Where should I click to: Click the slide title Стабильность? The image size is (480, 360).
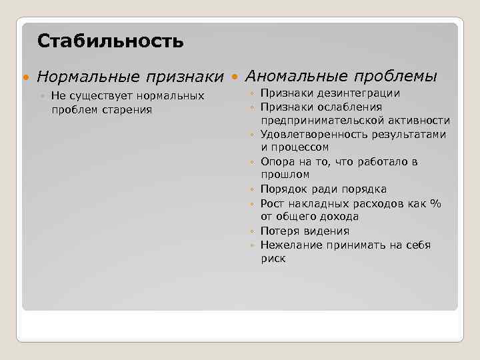tap(110, 41)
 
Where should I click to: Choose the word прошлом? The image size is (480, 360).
tap(285, 175)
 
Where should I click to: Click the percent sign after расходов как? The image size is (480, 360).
tap(436, 203)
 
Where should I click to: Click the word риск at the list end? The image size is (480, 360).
tap(273, 259)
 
